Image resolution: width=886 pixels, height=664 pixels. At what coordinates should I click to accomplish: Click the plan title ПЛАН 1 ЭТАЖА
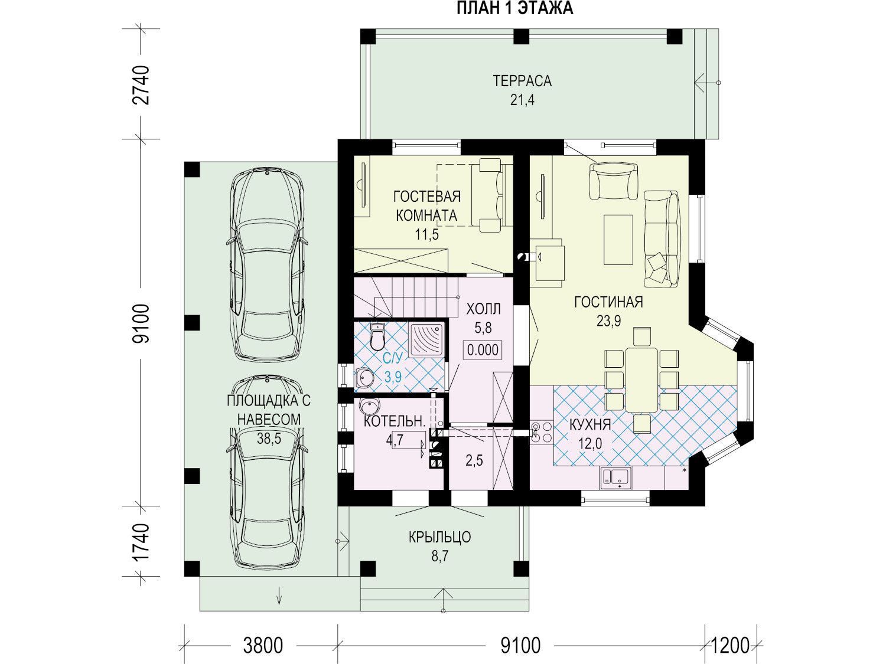[x=514, y=8]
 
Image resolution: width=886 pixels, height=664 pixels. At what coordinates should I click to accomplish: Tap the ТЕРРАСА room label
[x=522, y=81]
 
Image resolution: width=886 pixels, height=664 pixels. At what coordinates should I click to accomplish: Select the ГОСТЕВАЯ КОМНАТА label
[x=426, y=206]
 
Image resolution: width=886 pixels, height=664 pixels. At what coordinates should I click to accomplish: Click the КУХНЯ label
[x=589, y=424]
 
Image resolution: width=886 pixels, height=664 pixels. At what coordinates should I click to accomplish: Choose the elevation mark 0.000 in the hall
[x=483, y=349]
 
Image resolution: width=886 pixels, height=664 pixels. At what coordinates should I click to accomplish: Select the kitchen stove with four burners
[x=541, y=432]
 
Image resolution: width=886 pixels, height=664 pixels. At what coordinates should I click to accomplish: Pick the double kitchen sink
[x=617, y=477]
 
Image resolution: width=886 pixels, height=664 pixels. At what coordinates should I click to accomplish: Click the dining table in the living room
[x=642, y=380]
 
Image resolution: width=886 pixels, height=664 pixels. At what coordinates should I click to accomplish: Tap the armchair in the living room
[x=613, y=180]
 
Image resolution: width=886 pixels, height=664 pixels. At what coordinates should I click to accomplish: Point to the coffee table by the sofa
[x=618, y=240]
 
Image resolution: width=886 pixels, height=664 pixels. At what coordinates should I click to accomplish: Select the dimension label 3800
[x=263, y=645]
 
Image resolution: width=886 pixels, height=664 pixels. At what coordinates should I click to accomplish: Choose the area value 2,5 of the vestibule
[x=474, y=460]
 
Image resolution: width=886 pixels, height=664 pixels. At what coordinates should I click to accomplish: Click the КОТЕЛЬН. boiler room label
[x=395, y=421]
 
